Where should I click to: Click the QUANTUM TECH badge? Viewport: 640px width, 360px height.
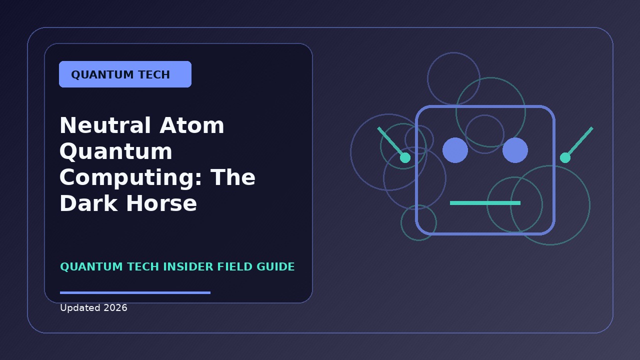(x=125, y=74)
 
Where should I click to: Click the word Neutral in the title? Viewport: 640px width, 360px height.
(x=105, y=125)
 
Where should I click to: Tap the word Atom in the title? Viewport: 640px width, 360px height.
(x=191, y=125)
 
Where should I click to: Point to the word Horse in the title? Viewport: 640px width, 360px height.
(x=161, y=203)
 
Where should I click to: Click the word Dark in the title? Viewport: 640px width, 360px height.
(x=88, y=203)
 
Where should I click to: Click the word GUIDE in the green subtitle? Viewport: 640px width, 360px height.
(x=275, y=266)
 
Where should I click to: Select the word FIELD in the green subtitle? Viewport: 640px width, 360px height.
(x=235, y=266)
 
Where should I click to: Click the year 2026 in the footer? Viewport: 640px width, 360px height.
(x=115, y=307)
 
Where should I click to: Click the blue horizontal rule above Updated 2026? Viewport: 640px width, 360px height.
(x=135, y=292)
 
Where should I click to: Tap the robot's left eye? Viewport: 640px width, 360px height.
(x=455, y=150)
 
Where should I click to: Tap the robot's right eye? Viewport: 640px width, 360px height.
(x=515, y=150)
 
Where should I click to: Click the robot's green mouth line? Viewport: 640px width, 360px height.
(x=485, y=203)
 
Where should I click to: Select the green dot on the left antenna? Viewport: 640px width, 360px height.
(x=405, y=157)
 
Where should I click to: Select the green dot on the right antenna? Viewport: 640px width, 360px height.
(x=565, y=157)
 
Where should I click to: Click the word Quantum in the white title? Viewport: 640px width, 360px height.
(x=116, y=151)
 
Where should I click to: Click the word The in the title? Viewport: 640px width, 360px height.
(x=233, y=177)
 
